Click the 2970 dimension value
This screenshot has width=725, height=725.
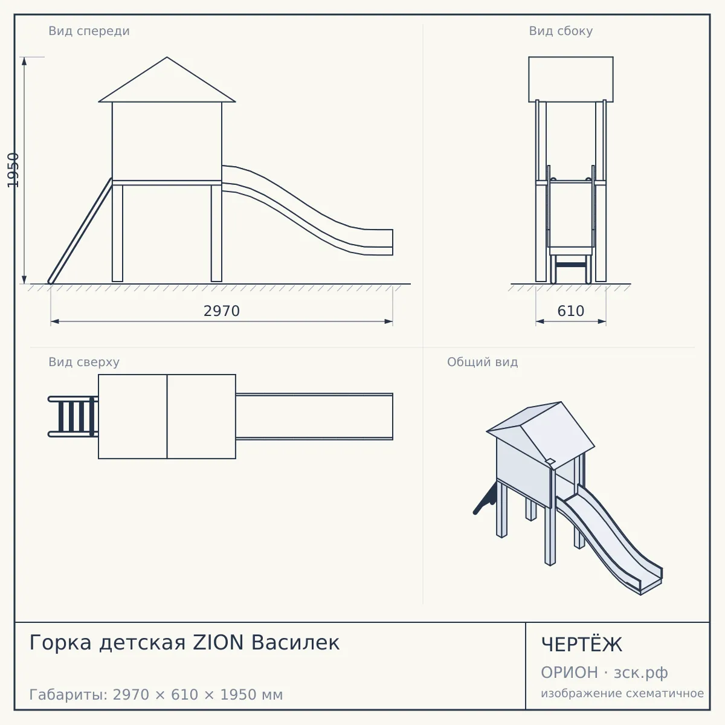[x=221, y=311]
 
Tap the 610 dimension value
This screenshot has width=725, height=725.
[x=570, y=311]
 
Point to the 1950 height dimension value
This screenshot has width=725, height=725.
[x=13, y=170]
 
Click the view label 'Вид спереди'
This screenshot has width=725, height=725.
[x=89, y=31]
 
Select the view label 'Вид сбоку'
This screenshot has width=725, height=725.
[x=561, y=31]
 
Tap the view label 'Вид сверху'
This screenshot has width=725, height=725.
[x=84, y=362]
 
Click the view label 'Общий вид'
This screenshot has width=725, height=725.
[x=482, y=362]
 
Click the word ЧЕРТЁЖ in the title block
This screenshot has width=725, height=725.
[x=581, y=645]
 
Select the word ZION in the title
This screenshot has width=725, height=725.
[x=218, y=643]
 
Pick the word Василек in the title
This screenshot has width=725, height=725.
[x=295, y=643]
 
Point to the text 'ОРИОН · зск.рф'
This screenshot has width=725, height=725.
[x=604, y=672]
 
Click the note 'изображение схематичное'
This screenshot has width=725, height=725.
[x=622, y=693]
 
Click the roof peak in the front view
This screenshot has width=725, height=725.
[x=167, y=57]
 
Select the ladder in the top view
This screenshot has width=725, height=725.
[x=73, y=416]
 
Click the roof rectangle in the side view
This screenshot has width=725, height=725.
[x=571, y=79]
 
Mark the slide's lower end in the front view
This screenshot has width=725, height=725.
[x=393, y=242]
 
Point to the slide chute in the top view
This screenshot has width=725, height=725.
[x=314, y=416]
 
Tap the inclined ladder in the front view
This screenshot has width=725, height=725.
[x=80, y=231]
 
